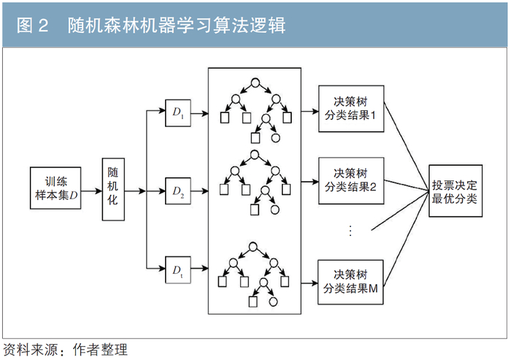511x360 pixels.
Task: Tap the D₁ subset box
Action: tap(178, 113)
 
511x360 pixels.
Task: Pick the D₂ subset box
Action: tap(178, 192)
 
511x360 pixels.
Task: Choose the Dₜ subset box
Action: tap(178, 271)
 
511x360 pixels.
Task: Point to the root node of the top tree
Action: tap(255, 83)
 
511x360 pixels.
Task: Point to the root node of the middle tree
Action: tap(255, 156)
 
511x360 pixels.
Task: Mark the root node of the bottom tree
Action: tap(255, 246)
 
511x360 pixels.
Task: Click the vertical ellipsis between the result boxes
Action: tap(350, 231)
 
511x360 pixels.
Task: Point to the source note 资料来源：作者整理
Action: tap(60, 348)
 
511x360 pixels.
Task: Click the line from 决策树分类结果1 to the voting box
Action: tap(407, 142)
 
